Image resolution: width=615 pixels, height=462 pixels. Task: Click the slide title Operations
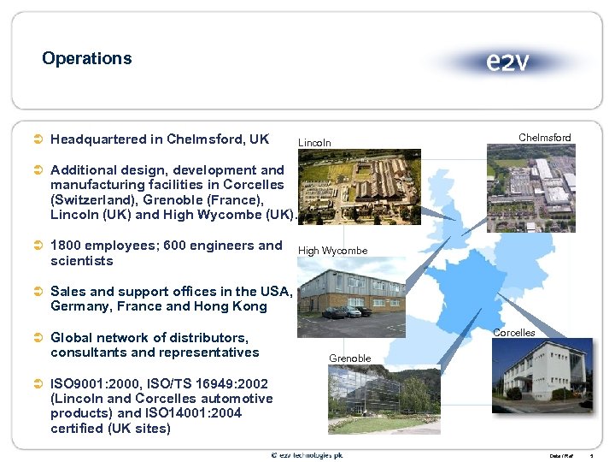tap(86, 59)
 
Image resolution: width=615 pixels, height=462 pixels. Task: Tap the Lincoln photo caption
tap(313, 143)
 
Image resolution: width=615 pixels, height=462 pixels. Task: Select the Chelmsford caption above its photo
tap(544, 137)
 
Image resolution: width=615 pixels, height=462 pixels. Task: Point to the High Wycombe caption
tap(332, 251)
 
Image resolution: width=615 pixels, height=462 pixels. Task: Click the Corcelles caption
tap(514, 333)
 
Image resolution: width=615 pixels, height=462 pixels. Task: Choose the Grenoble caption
tap(349, 358)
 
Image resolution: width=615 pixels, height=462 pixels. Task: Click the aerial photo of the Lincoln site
tap(358, 187)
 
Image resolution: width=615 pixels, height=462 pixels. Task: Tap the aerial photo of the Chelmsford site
tap(530, 188)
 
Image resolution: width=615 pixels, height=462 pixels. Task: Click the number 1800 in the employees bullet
tap(67, 246)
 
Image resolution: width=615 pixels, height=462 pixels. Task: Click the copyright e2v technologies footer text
tap(307, 455)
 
